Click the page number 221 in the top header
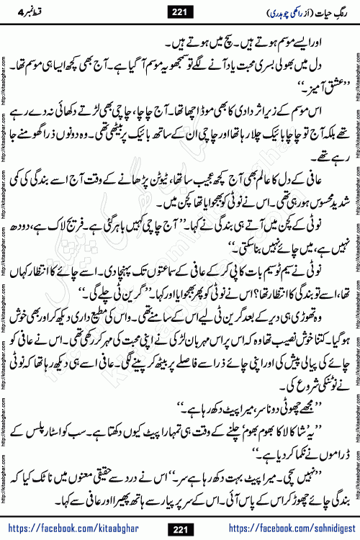tap(179, 9)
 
